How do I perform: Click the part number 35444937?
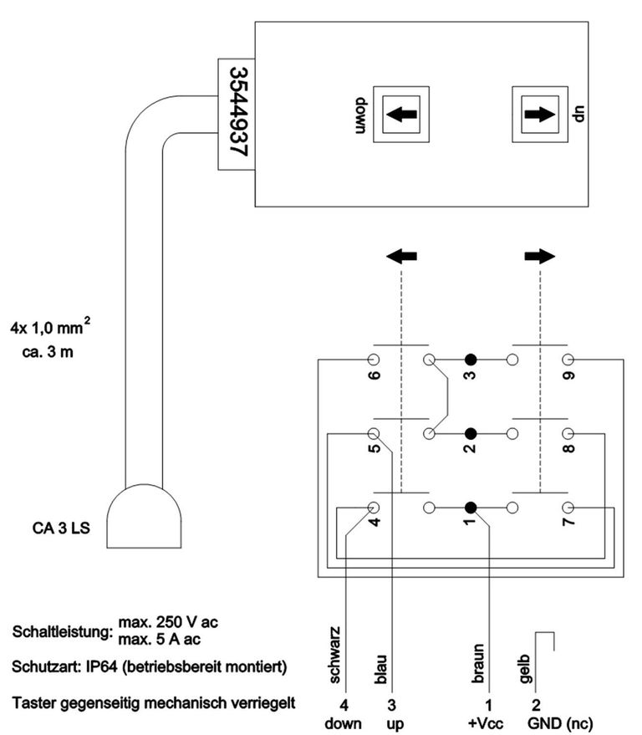[238, 113]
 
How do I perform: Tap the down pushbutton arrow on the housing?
[401, 114]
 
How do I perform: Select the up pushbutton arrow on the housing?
[540, 114]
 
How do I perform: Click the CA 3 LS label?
[61, 528]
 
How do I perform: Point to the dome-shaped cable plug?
[144, 516]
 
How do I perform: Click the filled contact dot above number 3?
[471, 360]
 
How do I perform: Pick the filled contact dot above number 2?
[471, 433]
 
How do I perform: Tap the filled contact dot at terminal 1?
[471, 508]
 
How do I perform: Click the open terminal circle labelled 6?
[374, 360]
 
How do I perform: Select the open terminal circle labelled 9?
[568, 360]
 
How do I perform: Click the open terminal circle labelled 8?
[568, 433]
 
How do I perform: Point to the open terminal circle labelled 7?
[568, 508]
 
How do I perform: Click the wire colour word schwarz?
[334, 655]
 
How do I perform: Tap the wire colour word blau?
[380, 669]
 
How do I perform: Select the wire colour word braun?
[477, 663]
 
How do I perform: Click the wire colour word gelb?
[524, 668]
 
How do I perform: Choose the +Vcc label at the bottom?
[486, 723]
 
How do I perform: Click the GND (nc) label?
[560, 723]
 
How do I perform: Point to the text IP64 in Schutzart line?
[101, 666]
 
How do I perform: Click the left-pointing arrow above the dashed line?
[401, 256]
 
